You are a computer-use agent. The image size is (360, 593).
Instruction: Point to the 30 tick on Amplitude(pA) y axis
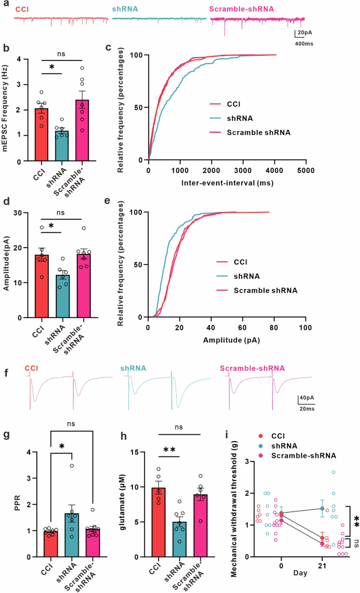pyautogui.click(x=19, y=212)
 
